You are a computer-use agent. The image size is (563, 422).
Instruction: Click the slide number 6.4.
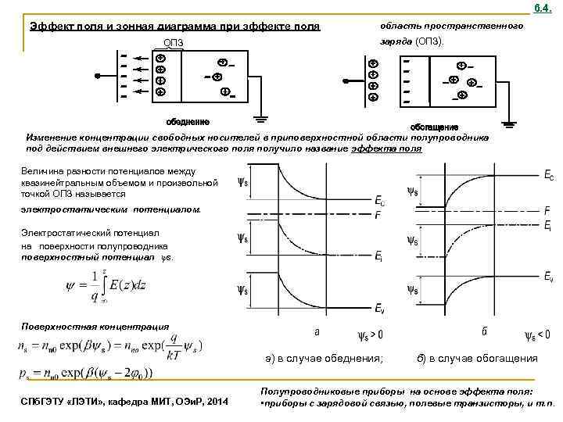point(543,7)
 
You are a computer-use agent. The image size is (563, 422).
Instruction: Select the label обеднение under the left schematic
point(188,121)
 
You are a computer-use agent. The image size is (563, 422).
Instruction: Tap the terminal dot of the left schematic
point(97,77)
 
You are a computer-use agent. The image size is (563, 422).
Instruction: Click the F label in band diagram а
point(378,215)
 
